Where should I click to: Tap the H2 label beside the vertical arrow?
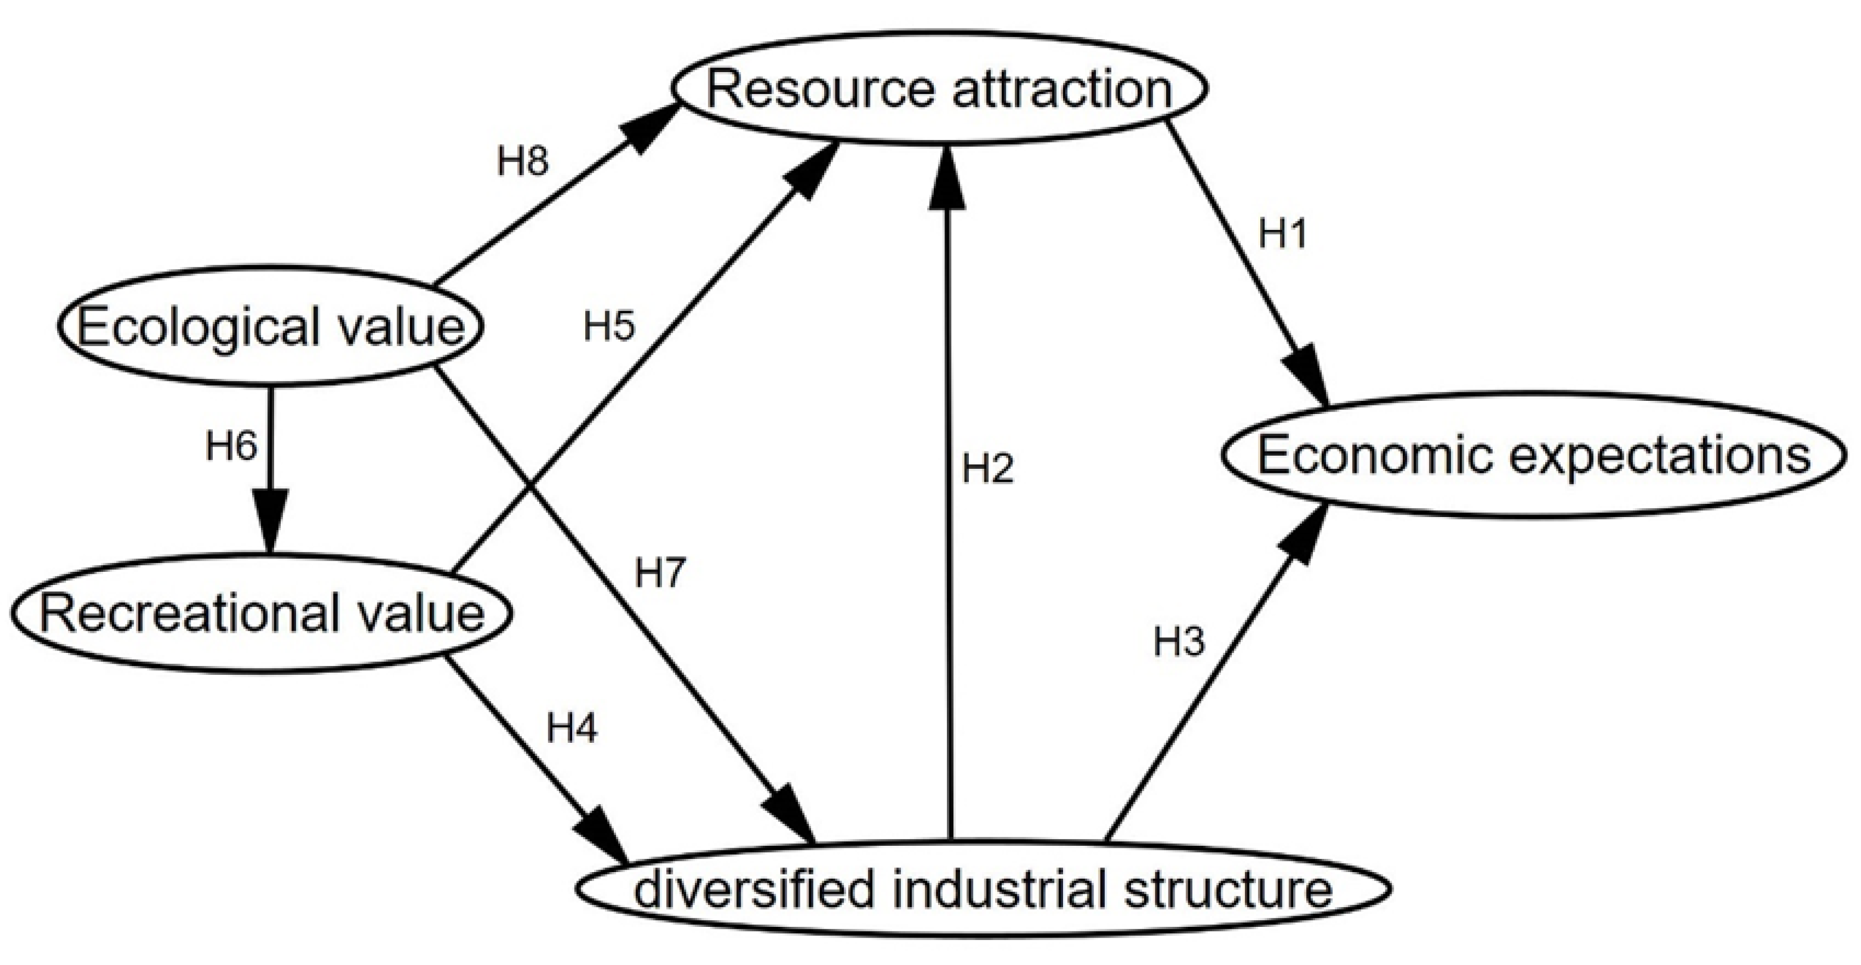click(987, 469)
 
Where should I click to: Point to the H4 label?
click(571, 728)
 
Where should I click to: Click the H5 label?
click(609, 326)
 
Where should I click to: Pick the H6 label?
click(231, 446)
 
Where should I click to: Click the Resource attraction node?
click(939, 88)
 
